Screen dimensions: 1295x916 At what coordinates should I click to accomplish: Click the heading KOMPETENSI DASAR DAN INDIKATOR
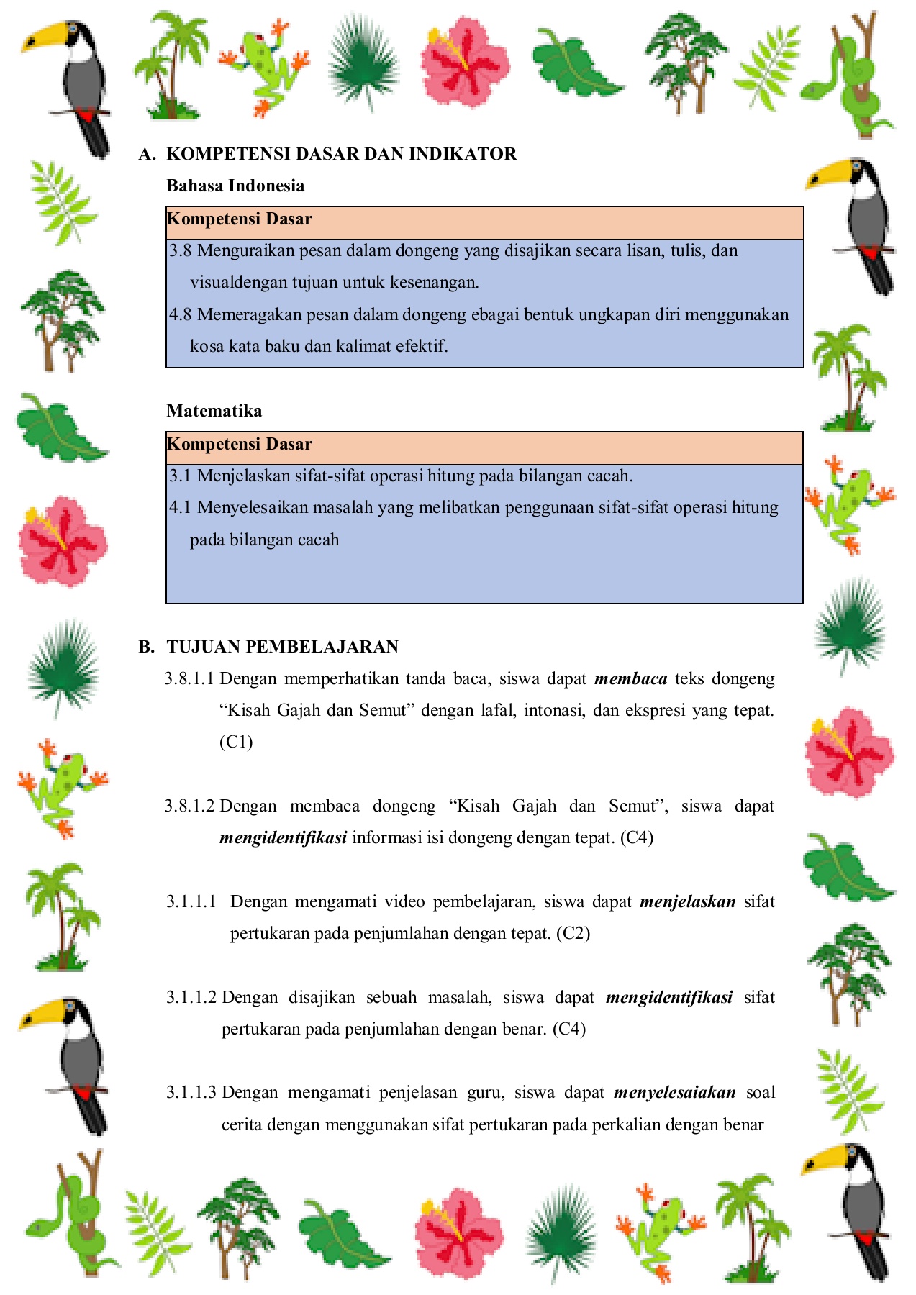(x=342, y=154)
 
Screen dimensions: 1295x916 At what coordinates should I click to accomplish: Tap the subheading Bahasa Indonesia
(x=235, y=186)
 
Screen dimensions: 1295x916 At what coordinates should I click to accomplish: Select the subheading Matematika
(x=214, y=411)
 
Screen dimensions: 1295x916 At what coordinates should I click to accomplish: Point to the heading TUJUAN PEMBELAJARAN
(x=283, y=647)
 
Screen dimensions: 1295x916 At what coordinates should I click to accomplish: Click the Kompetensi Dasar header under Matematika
(x=240, y=445)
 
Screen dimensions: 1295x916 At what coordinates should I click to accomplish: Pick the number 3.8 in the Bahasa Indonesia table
(x=180, y=251)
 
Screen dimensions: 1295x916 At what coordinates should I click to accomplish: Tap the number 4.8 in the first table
(x=180, y=314)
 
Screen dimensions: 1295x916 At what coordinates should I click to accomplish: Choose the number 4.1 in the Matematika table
(x=180, y=508)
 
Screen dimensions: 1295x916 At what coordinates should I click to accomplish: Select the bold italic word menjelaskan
(x=687, y=902)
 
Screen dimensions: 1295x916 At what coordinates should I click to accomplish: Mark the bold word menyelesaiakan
(x=674, y=1093)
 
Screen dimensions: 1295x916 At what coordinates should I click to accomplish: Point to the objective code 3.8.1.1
(x=189, y=679)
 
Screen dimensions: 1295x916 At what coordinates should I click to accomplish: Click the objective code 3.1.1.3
(x=191, y=1093)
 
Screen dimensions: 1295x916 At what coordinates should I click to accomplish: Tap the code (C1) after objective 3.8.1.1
(x=236, y=742)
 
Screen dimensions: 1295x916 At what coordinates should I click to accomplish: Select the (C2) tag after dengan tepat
(x=573, y=934)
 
